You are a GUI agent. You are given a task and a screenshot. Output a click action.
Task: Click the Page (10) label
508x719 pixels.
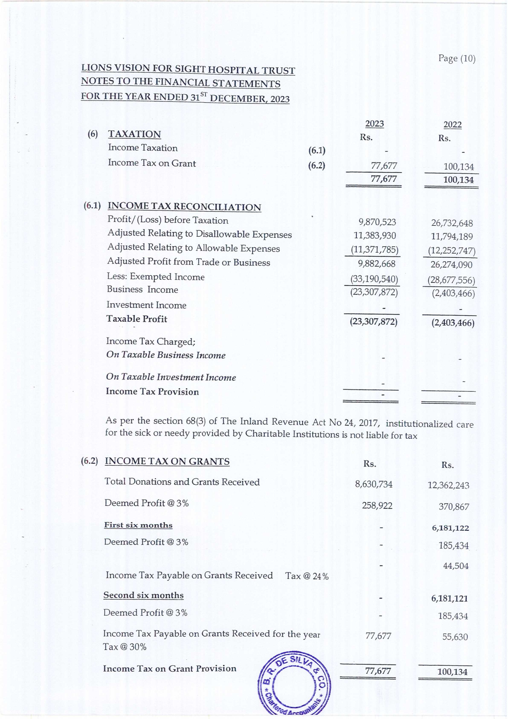[457, 58]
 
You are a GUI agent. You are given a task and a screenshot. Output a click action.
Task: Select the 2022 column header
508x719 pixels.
[452, 125]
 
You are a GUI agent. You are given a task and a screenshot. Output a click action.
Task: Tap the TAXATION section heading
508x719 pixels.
[134, 134]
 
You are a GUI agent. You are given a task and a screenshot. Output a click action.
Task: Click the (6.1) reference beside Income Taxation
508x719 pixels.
[317, 151]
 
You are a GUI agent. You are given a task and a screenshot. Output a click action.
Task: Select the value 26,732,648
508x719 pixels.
[452, 223]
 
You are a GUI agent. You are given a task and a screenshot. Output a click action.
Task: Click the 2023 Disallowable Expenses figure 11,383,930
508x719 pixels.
[375, 235]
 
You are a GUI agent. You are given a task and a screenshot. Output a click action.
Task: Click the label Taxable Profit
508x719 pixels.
[137, 319]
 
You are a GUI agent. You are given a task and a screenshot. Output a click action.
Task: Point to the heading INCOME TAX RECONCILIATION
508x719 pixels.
[184, 207]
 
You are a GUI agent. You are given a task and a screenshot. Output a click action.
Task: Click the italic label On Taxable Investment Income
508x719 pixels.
[171, 377]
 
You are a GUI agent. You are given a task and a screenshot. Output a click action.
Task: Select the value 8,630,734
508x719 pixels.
[373, 484]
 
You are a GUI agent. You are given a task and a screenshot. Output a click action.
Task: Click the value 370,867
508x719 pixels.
[454, 506]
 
